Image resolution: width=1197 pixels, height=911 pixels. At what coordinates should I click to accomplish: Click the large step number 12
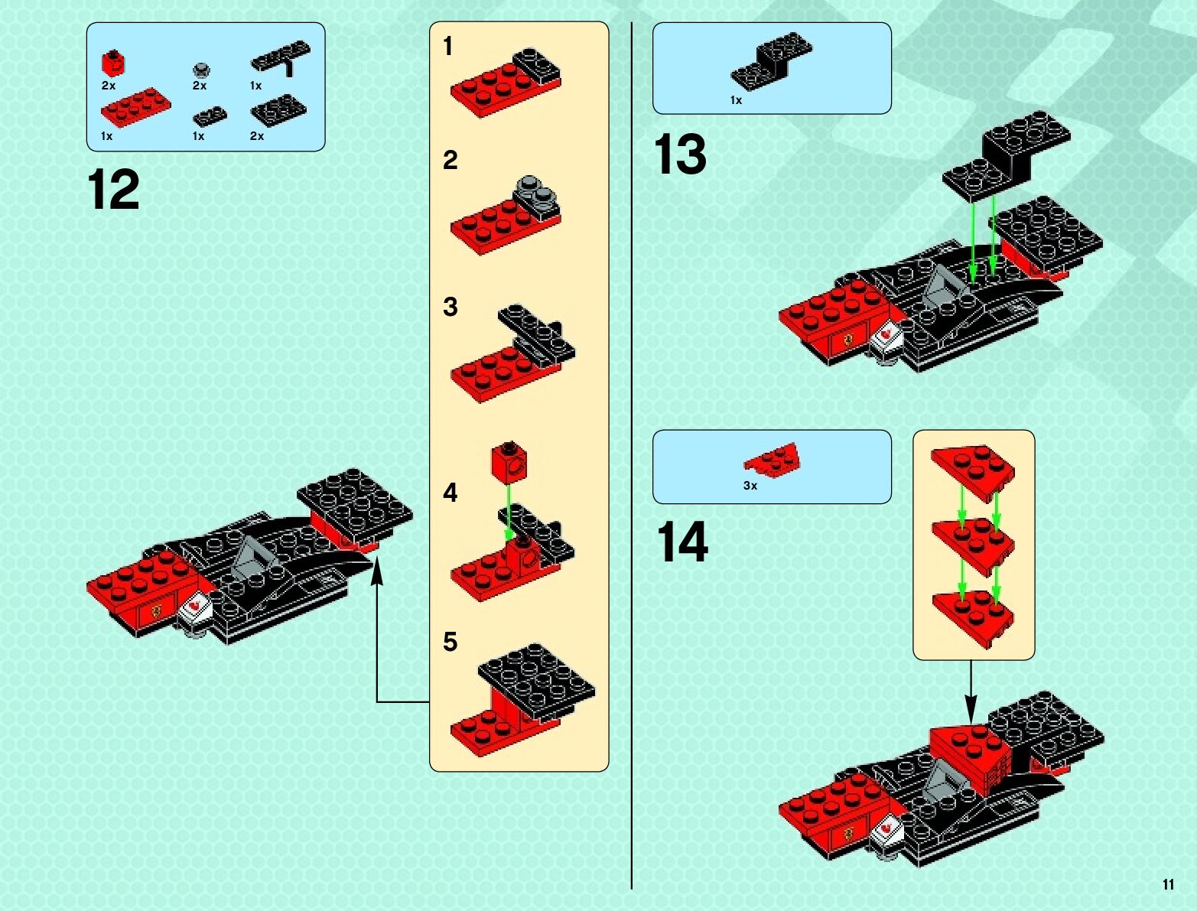tap(113, 190)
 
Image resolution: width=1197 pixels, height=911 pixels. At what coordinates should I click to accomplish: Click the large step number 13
tap(680, 155)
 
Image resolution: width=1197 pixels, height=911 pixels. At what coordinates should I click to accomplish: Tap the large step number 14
tap(682, 542)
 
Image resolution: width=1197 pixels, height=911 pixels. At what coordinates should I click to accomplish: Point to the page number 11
tap(1168, 884)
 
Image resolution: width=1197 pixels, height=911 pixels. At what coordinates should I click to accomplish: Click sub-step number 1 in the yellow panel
tap(448, 47)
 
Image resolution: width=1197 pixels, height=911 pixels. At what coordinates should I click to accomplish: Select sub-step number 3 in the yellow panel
tap(450, 307)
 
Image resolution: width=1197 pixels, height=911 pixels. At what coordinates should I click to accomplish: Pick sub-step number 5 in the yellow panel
tap(450, 641)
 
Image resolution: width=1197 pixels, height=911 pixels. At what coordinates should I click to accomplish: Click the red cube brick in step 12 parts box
tap(113, 63)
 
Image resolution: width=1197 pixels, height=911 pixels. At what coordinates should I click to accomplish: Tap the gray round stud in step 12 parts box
tap(201, 70)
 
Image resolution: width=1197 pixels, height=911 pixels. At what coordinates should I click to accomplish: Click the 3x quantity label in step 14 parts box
tap(750, 486)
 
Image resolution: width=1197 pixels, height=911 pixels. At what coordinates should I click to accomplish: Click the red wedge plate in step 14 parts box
tap(773, 458)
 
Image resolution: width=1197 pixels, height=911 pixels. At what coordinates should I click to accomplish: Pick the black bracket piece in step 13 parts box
tap(771, 60)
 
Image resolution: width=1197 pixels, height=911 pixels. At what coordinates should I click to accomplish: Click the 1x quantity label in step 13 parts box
tap(736, 100)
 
